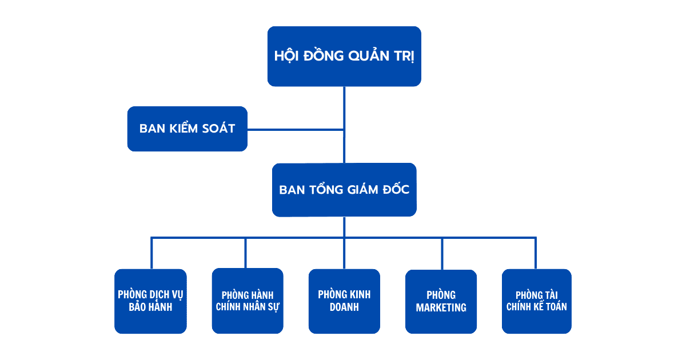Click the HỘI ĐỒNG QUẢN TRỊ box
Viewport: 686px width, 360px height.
tap(344, 56)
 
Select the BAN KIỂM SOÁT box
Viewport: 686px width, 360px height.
tap(187, 129)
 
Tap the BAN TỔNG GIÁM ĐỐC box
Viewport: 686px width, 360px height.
tap(344, 190)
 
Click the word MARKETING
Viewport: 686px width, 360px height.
tap(441, 308)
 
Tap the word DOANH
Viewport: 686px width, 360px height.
tap(344, 307)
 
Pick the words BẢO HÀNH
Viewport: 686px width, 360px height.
tap(150, 307)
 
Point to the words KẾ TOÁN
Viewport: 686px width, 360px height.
tap(550, 307)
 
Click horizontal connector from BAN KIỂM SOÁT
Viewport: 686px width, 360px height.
tap(296, 130)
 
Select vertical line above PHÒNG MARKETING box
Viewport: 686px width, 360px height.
tap(442, 253)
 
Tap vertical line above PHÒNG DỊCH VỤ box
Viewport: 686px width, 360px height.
tap(151, 253)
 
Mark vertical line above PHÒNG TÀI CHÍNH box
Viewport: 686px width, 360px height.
tap(536, 253)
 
